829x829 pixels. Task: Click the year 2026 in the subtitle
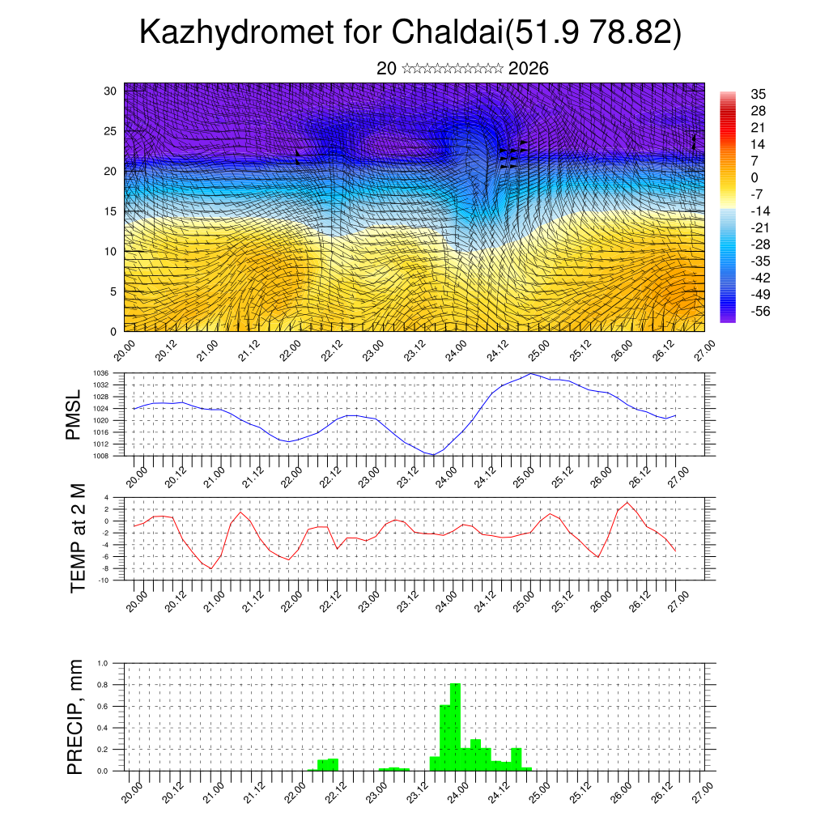pyautogui.click(x=529, y=69)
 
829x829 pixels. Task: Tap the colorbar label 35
pyautogui.click(x=759, y=94)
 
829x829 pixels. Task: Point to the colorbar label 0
pyautogui.click(x=755, y=177)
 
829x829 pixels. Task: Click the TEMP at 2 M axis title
pyautogui.click(x=78, y=538)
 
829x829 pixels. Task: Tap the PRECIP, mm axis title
pyautogui.click(x=74, y=716)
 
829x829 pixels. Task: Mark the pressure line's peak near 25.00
pyautogui.click(x=530, y=374)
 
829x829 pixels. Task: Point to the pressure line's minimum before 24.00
pyautogui.click(x=434, y=454)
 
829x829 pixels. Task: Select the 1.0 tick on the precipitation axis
pyautogui.click(x=103, y=663)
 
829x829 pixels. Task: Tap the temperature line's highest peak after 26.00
pyautogui.click(x=628, y=503)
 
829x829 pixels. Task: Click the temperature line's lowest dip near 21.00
pyautogui.click(x=211, y=568)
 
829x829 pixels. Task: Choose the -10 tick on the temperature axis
pyautogui.click(x=104, y=580)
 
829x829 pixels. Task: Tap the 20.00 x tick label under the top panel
pyautogui.click(x=124, y=353)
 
